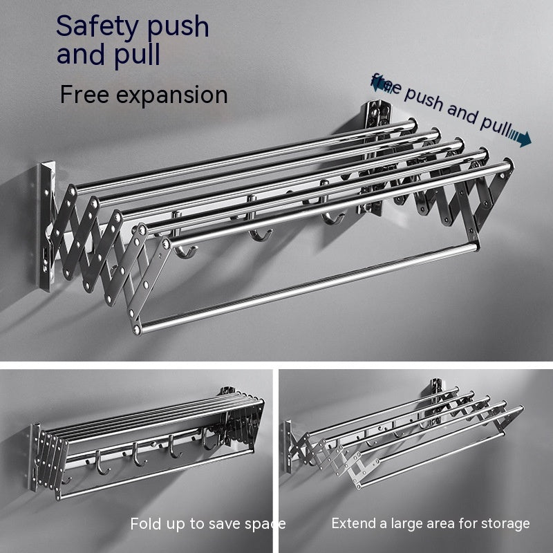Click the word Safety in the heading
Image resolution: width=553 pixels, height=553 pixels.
pos(99,26)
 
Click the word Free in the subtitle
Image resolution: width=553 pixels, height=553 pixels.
pos(84,94)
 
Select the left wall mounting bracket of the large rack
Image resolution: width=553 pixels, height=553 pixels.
pos(46,225)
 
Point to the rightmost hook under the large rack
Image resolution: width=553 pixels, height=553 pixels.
pos(333,218)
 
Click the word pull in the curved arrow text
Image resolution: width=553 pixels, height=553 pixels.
pos(494,124)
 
